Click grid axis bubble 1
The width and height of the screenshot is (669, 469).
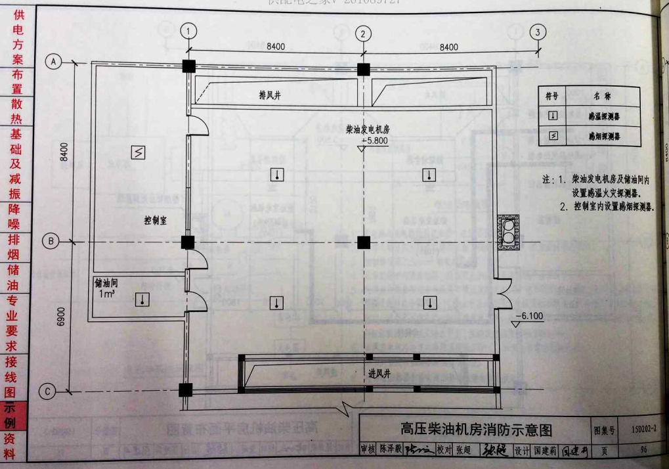(x=189, y=31)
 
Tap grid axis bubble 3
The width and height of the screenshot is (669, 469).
(x=539, y=32)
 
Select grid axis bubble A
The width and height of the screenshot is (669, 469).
(x=53, y=61)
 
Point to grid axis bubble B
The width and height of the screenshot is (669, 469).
(x=52, y=242)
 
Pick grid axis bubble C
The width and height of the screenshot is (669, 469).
(x=49, y=392)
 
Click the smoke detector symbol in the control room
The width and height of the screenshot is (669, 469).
(x=139, y=152)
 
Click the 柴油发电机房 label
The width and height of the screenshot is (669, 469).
(x=368, y=130)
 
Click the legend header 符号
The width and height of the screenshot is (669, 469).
(x=552, y=96)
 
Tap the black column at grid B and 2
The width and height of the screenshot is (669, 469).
(x=364, y=242)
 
